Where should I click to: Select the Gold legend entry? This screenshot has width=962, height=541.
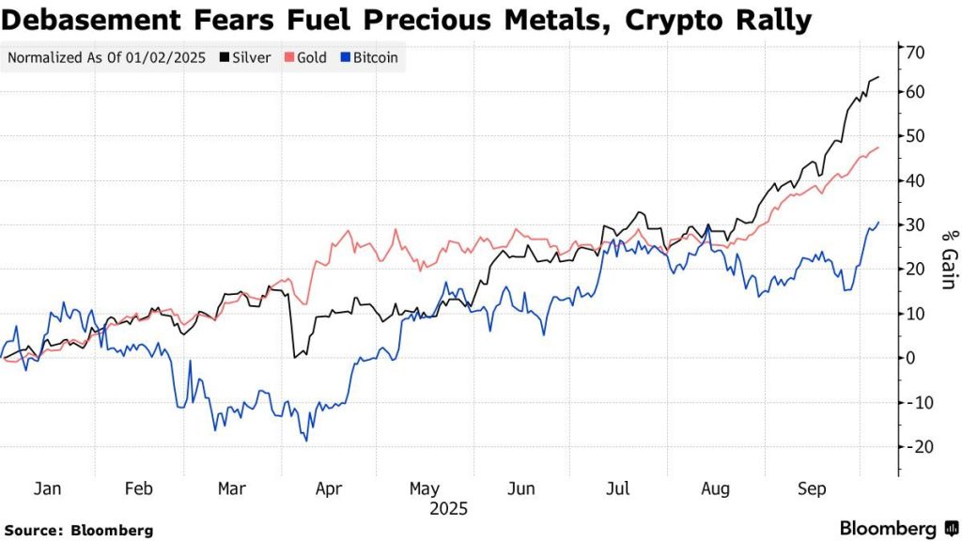coord(309,58)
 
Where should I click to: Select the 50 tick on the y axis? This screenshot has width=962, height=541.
coord(916,136)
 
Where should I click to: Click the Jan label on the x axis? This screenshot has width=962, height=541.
coord(47,489)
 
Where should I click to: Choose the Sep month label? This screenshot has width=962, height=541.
coord(813,489)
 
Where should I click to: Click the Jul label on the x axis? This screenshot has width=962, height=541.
coord(618,489)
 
